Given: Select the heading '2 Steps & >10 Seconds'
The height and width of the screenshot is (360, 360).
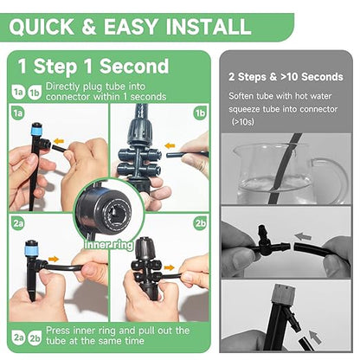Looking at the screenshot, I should pyautogui.click(x=286, y=77).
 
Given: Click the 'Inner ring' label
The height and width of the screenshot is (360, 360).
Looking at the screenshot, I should pyautogui.click(x=108, y=245).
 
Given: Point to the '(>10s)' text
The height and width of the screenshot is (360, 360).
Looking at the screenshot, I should pyautogui.click(x=246, y=122).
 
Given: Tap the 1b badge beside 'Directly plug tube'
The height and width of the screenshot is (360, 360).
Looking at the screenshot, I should pyautogui.click(x=34, y=89).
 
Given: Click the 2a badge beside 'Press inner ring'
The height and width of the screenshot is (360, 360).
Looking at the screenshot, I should pyautogui.click(x=17, y=333).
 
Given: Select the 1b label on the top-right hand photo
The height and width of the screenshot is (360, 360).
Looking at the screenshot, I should pyautogui.click(x=199, y=112).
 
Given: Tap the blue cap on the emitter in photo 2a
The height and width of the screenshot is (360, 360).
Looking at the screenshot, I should pyautogui.click(x=30, y=250).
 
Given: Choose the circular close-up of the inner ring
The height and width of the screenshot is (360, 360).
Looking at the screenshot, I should pyautogui.click(x=107, y=208).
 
